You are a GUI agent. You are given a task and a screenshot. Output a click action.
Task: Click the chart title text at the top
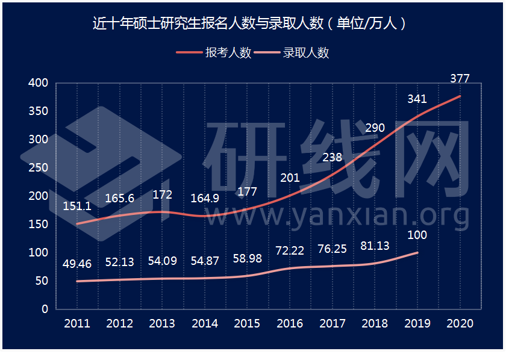pos(252,23)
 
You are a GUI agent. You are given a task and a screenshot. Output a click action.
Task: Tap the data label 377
pos(460,78)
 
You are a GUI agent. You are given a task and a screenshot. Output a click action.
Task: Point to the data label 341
pos(417,99)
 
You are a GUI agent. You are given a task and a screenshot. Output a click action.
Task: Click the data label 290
pos(375,128)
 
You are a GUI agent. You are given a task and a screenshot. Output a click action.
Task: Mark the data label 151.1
pos(77,206)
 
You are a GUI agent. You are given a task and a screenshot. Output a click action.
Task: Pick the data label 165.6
pos(119,198)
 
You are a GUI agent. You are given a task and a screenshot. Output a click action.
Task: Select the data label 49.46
pos(77,264)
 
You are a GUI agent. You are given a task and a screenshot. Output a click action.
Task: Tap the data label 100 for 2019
pos(417,235)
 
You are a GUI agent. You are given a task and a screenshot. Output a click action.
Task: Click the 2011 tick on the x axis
pos(77,324)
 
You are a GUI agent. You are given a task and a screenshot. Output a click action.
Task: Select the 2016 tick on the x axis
pos(290,324)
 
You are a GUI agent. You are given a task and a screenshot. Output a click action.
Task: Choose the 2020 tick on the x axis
pos(460,324)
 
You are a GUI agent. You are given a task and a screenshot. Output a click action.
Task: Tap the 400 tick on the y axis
pos(38,83)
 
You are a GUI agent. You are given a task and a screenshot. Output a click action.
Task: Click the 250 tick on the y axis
pos(38,168)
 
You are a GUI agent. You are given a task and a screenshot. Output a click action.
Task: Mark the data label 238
pos(332,158)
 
